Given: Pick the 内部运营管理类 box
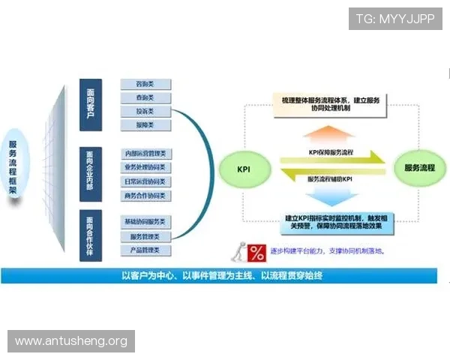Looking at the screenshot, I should (x=146, y=154).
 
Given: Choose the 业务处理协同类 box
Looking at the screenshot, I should (x=146, y=167).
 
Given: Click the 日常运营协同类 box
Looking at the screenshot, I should (x=146, y=181).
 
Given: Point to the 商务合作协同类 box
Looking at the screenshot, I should (x=146, y=196).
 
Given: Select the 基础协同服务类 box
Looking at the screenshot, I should (x=146, y=222).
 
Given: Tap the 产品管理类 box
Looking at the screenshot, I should (x=146, y=250).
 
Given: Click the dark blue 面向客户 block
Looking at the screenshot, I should (x=91, y=104).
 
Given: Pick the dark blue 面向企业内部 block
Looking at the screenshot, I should (x=91, y=174).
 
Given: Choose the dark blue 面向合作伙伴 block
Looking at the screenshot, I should (x=91, y=235).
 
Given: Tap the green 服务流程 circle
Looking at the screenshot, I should (x=419, y=166).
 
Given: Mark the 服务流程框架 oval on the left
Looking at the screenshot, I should (x=13, y=169).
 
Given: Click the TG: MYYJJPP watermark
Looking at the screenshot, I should (x=394, y=19).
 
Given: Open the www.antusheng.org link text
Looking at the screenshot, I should (x=71, y=341).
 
